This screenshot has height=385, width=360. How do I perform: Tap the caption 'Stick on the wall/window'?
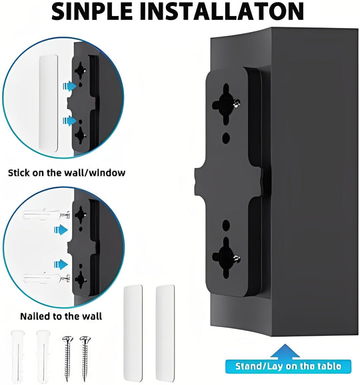coord(67,173)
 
